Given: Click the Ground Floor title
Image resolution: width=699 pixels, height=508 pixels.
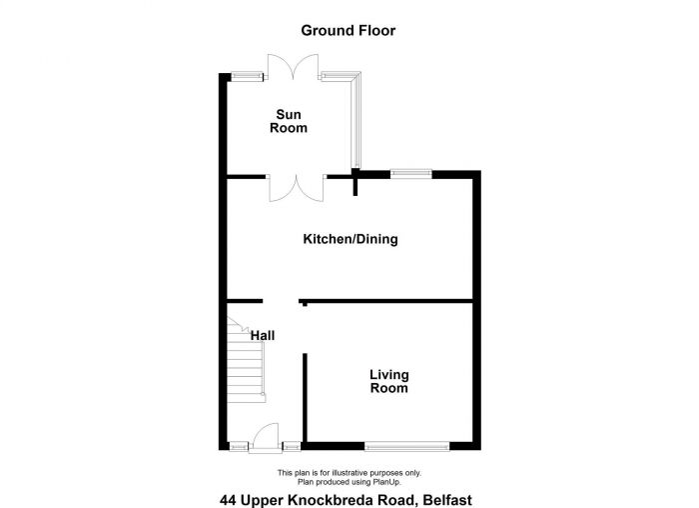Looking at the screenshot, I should (x=349, y=31).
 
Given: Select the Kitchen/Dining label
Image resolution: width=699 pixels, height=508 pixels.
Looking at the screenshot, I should (x=350, y=239).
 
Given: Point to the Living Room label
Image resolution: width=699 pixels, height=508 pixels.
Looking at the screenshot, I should (x=388, y=381).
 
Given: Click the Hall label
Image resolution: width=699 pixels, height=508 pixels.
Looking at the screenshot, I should (x=263, y=336).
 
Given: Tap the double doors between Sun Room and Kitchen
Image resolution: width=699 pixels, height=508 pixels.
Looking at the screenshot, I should (x=296, y=187).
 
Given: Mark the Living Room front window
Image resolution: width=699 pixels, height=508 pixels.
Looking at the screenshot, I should (x=406, y=446).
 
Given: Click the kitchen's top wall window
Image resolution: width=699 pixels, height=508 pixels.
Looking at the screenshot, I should (x=410, y=174).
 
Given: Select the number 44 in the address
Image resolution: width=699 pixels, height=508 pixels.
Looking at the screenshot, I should (x=228, y=496).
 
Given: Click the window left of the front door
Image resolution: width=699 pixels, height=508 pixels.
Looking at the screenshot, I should (x=240, y=446).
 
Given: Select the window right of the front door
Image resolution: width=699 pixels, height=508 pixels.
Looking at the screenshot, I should (x=292, y=446).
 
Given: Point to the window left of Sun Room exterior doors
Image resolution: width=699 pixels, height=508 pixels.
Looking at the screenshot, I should (x=248, y=75).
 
